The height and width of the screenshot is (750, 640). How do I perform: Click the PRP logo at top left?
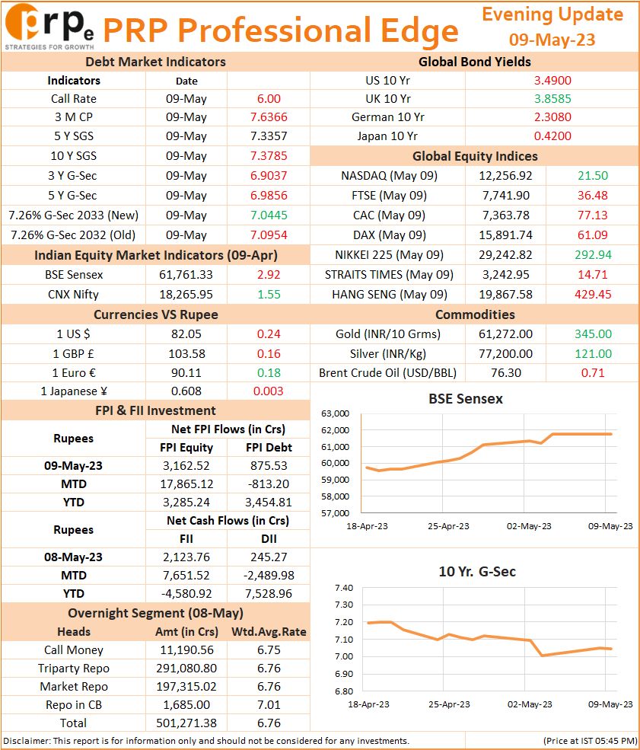point(49,27)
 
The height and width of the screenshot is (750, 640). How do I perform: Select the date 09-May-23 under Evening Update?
point(552,40)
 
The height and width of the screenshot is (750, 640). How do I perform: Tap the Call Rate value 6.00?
point(269,99)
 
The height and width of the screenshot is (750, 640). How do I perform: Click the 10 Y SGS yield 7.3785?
point(269,156)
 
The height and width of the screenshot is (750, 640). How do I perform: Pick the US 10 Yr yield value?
point(552,81)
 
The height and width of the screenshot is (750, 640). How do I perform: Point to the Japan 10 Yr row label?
point(387,136)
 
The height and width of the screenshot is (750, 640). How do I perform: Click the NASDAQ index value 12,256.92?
point(505,176)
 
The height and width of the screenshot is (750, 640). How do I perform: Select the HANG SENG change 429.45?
point(593,295)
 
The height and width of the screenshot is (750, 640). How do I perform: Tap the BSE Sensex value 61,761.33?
point(186,275)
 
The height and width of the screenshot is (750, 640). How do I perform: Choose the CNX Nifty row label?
point(73,295)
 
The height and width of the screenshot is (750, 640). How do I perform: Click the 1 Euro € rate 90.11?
point(186,373)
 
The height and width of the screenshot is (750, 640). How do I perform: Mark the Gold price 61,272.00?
point(505,334)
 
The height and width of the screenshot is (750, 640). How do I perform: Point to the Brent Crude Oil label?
point(387,373)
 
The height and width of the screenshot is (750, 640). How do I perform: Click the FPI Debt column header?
point(269,448)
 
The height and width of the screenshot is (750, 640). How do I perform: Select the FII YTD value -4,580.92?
point(186,594)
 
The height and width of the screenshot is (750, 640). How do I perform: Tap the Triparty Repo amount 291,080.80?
point(186,669)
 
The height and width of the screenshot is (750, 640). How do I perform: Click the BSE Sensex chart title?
point(466,399)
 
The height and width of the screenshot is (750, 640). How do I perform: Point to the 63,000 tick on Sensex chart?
point(335,413)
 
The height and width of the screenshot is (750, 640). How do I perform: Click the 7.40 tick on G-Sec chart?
point(344,588)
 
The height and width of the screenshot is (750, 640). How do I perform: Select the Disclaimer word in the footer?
point(27,742)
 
